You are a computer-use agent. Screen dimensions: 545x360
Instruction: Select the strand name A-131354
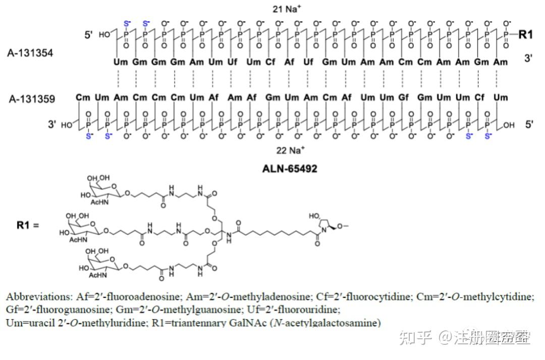click(x=30, y=52)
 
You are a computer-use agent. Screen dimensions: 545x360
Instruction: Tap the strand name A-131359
click(x=31, y=99)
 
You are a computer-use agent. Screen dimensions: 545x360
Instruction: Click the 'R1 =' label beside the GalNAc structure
click(x=28, y=225)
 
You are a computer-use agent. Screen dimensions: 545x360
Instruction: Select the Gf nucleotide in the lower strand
click(x=404, y=97)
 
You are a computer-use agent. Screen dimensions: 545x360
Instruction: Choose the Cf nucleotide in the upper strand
click(x=271, y=62)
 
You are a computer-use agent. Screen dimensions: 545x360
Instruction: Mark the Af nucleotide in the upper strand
click(x=289, y=62)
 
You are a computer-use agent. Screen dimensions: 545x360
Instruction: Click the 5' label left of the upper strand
click(x=89, y=35)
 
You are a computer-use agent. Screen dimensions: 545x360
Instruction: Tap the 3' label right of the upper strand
click(x=528, y=58)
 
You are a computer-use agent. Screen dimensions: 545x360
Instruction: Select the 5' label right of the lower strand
click(x=528, y=124)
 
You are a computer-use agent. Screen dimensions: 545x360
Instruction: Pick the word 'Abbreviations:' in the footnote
click(x=37, y=296)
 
